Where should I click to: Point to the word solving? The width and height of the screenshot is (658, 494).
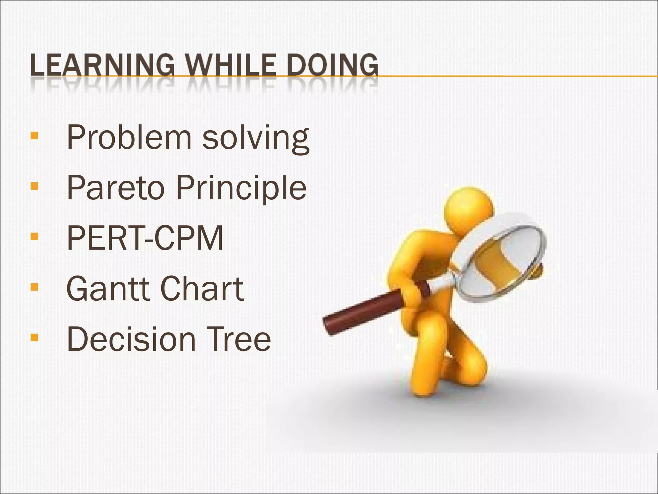255,139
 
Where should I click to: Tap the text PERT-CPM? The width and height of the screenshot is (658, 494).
145,238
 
